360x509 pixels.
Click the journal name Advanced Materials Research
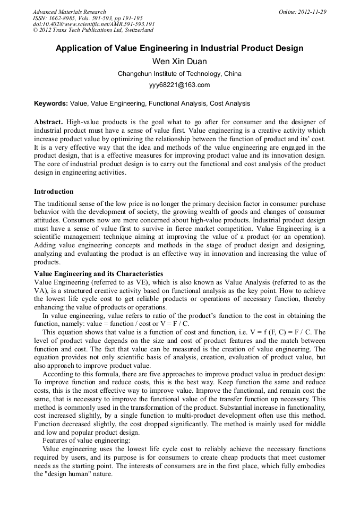[70, 12]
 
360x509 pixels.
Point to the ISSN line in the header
[88, 18]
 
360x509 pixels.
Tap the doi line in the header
[93, 24]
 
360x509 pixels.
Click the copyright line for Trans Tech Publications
[93, 30]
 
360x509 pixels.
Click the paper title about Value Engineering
[179, 48]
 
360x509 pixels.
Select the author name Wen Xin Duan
[179, 62]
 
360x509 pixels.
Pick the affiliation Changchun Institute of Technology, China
[179, 74]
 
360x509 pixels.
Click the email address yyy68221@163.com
[179, 85]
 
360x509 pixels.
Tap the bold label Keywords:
[51, 103]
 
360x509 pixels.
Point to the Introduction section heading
[54, 191]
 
